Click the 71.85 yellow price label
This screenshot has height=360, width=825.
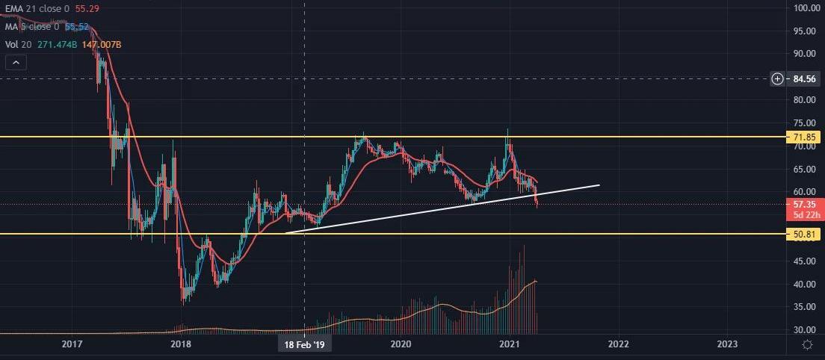pyautogui.click(x=804, y=137)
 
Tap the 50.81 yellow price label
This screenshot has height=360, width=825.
pyautogui.click(x=804, y=235)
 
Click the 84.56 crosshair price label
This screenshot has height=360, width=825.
pyautogui.click(x=805, y=78)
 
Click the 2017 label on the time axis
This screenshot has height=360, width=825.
pyautogui.click(x=72, y=344)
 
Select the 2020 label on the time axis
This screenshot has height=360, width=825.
pyautogui.click(x=401, y=344)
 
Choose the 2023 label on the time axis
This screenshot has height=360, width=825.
pyautogui.click(x=726, y=344)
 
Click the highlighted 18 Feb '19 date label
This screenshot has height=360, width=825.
pyautogui.click(x=304, y=344)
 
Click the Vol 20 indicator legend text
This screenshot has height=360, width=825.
pyautogui.click(x=13, y=45)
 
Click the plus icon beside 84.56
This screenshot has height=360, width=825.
pyautogui.click(x=778, y=78)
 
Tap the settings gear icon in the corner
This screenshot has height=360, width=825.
pyautogui.click(x=807, y=344)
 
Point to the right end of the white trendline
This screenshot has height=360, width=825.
pyautogui.click(x=599, y=184)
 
